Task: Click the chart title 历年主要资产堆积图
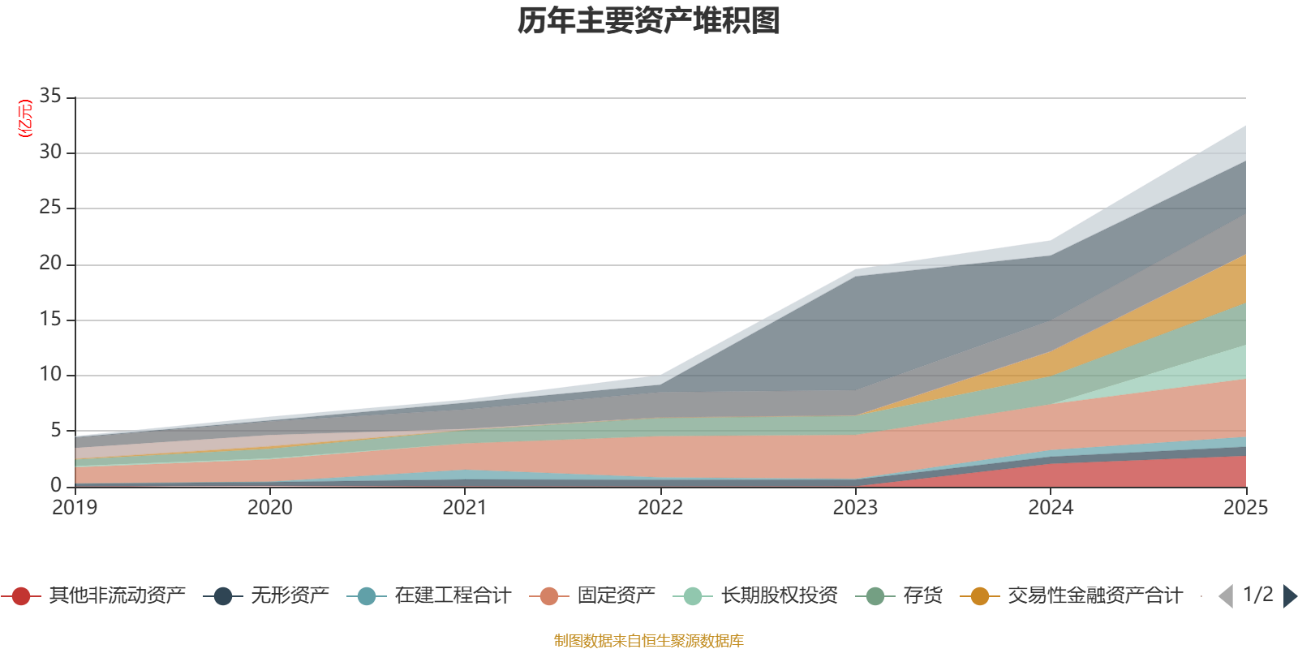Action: pos(648,21)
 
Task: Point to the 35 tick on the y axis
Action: pos(50,96)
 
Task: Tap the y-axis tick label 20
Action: pos(50,263)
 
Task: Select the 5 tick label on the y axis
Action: pos(56,430)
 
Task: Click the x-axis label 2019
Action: pos(75,508)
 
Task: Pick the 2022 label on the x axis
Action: pos(660,508)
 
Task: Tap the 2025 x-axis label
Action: pos(1246,508)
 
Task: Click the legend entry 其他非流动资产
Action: pos(93,595)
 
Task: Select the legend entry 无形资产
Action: pos(266,595)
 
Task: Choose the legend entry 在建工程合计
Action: pos(429,595)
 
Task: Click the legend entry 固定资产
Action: pos(592,595)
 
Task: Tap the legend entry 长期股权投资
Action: pos(755,595)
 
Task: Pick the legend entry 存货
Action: pos(899,595)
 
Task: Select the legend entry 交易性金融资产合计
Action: pos(1072,595)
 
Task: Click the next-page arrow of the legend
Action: pos(1290,595)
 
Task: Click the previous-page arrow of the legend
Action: pos(1226,595)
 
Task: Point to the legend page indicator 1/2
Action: pos(1258,595)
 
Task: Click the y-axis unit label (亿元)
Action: pos(25,118)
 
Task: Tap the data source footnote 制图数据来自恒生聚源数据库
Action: pos(648,640)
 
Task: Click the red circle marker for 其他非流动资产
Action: pos(21,595)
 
